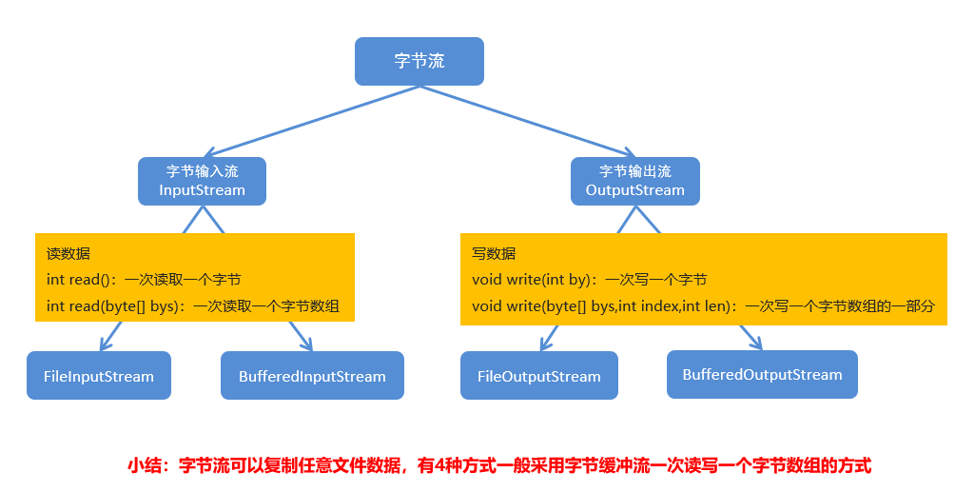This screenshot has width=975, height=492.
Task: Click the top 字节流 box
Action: pos(419,61)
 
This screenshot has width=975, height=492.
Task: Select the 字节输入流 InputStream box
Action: pos(202,181)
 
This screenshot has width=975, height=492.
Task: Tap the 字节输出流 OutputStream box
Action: pos(634,181)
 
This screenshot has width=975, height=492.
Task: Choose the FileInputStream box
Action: pos(99,376)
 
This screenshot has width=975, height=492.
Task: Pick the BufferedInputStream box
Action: pos(312,376)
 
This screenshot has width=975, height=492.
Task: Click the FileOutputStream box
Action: pos(538,376)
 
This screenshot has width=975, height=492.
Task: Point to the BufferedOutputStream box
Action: pos(762,374)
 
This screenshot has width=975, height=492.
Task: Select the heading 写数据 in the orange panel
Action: pos(494,254)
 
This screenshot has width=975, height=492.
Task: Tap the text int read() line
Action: pos(143,280)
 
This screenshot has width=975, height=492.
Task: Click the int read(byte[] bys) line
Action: pos(193,306)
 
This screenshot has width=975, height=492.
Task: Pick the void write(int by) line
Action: pos(589,280)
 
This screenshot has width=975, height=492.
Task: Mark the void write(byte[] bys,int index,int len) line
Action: pos(703,306)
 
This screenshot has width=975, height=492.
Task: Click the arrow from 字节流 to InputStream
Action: pos(314,121)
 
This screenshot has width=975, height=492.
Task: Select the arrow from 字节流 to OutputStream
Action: pos(528,121)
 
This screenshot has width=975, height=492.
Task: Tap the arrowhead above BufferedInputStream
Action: pos(305,342)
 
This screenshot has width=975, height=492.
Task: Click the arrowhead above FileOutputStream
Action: pos(545,342)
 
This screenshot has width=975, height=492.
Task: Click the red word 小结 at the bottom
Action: pos(147,465)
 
